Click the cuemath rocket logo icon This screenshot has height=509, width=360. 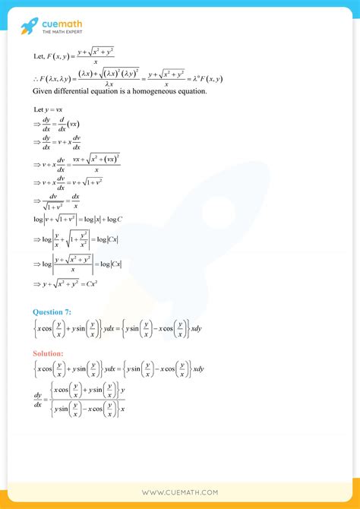[x=29, y=27]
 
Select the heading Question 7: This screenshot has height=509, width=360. [x=54, y=312]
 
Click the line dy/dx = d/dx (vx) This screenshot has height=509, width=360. [x=64, y=124]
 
